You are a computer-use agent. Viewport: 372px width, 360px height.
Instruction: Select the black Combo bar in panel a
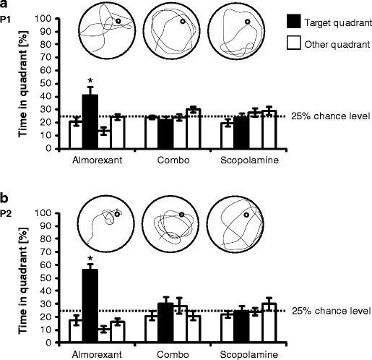point(165,133)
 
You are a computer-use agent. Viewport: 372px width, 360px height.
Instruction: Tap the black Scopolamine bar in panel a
point(241,132)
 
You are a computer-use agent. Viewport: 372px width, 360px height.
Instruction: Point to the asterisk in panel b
point(90,258)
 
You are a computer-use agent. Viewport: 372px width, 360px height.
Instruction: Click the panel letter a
point(4,4)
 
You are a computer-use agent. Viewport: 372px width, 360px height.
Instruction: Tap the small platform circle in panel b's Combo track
point(182,214)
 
